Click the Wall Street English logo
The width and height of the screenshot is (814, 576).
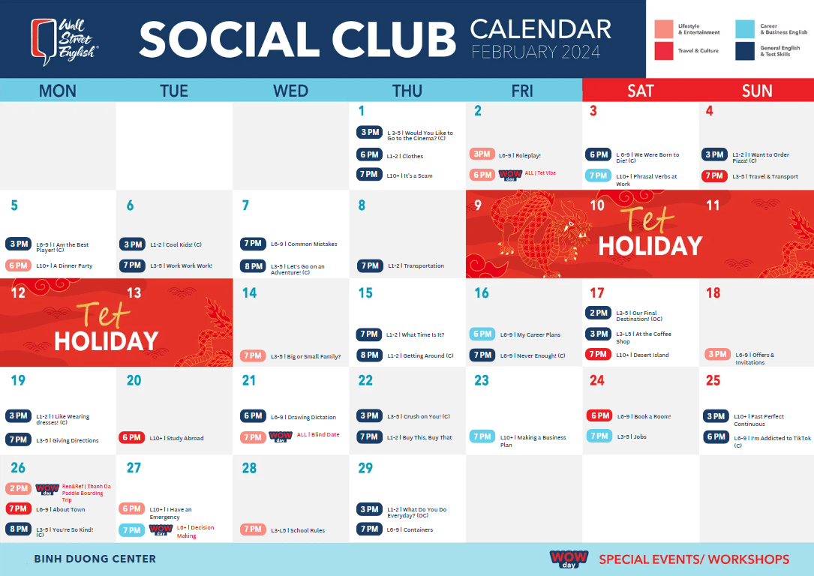pyautogui.click(x=65, y=40)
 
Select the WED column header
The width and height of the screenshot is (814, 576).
pyautogui.click(x=290, y=91)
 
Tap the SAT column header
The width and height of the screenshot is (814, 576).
pyautogui.click(x=640, y=91)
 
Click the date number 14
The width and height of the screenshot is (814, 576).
pyautogui.click(x=249, y=292)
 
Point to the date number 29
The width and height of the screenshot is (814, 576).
pyautogui.click(x=365, y=468)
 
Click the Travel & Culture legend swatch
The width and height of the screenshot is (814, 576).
pyautogui.click(x=663, y=51)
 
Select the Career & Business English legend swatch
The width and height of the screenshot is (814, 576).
pyautogui.click(x=745, y=29)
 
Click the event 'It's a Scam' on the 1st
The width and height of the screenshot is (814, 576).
pyautogui.click(x=410, y=176)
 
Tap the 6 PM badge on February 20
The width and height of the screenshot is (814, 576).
pyautogui.click(x=132, y=438)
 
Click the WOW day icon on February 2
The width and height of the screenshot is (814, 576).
pyautogui.click(x=509, y=175)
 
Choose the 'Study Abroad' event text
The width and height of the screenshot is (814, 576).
pyautogui.click(x=177, y=439)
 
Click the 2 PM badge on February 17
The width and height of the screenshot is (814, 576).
pyautogui.click(x=599, y=313)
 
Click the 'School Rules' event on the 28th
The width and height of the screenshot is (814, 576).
pyautogui.click(x=298, y=530)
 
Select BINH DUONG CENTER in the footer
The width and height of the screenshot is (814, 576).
pyautogui.click(x=95, y=559)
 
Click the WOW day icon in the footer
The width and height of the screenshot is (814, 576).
pyautogui.click(x=569, y=559)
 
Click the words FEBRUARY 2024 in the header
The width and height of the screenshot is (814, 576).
pyautogui.click(x=536, y=52)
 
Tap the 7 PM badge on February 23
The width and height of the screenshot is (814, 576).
pyautogui.click(x=482, y=436)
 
